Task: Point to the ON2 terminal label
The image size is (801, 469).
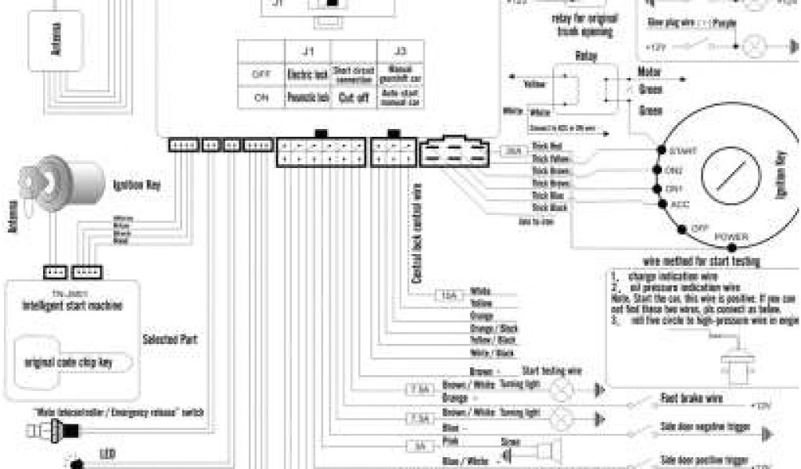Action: pyautogui.click(x=672, y=169)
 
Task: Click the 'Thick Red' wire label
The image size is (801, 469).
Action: pyautogui.click(x=546, y=147)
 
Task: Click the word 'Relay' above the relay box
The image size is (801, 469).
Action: pyautogui.click(x=586, y=56)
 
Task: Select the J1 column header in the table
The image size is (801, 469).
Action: pyautogui.click(x=308, y=52)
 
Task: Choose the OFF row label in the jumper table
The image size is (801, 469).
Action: pyautogui.click(x=261, y=75)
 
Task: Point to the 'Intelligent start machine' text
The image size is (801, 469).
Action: pyautogui.click(x=71, y=306)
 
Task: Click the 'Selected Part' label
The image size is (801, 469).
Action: pyautogui.click(x=170, y=340)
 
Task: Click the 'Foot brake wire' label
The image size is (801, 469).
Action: pyautogui.click(x=691, y=398)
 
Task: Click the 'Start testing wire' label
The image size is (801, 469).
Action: pyautogui.click(x=553, y=370)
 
